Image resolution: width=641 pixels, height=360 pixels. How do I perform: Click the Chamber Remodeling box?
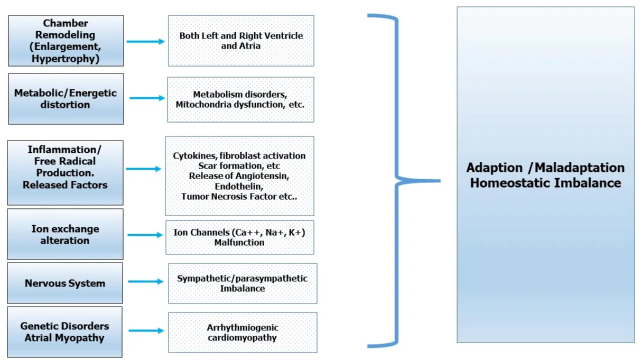click(x=66, y=41)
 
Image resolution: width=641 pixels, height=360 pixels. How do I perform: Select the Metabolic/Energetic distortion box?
click(x=66, y=99)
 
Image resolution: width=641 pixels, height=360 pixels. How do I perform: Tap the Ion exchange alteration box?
click(x=65, y=234)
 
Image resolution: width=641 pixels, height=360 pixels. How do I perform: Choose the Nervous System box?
click(x=65, y=283)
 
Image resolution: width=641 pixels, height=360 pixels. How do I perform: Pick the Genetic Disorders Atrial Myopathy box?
click(x=65, y=332)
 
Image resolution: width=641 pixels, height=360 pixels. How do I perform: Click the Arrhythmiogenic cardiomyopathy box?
click(x=243, y=333)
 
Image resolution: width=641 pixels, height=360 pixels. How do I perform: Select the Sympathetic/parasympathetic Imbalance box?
click(x=243, y=283)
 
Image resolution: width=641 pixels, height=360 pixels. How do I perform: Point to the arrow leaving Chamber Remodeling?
click(x=146, y=41)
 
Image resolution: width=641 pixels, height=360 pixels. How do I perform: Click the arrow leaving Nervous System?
click(x=146, y=282)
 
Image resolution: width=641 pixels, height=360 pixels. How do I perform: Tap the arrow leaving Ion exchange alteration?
click(x=146, y=235)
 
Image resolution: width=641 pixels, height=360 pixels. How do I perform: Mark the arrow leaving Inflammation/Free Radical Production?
click(x=144, y=169)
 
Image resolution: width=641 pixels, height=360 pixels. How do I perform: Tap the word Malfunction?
click(x=239, y=243)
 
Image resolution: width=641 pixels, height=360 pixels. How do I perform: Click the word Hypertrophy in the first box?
click(x=63, y=59)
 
